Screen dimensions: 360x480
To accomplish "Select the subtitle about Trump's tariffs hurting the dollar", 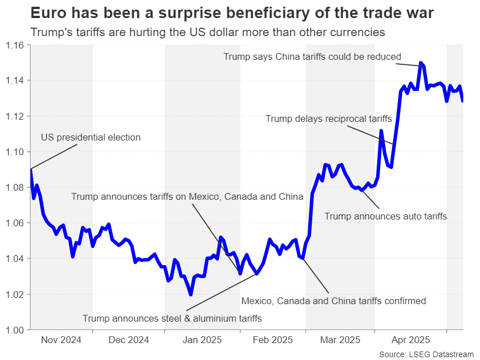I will coord(208,32).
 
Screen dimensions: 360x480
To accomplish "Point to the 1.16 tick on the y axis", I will coord(16,45).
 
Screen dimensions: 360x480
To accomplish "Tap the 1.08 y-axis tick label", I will coord(16,187).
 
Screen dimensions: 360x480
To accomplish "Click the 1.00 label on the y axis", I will coord(16,330).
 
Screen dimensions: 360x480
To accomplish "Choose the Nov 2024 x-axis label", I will coord(62,340).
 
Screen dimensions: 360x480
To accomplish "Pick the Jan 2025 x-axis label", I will coord(202,340).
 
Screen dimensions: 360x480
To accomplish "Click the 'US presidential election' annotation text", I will coord(90,137).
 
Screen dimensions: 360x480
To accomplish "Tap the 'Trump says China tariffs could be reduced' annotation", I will coord(312,56).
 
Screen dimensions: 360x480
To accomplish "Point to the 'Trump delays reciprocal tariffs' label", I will coord(328,118).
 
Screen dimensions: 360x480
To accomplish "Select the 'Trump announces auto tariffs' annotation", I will coord(386,216).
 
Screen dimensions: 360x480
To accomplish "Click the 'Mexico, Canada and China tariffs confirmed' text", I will coord(333,301).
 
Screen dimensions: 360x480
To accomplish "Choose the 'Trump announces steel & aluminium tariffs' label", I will coord(172,318).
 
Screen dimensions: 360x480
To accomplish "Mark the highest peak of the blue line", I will coord(421,63).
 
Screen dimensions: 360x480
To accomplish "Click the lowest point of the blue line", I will coord(191,294).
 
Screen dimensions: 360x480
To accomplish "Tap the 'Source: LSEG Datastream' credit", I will coord(426,354).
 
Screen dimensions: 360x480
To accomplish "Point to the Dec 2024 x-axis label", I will coord(128,340).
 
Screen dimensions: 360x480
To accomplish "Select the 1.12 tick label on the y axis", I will coord(16,116).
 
